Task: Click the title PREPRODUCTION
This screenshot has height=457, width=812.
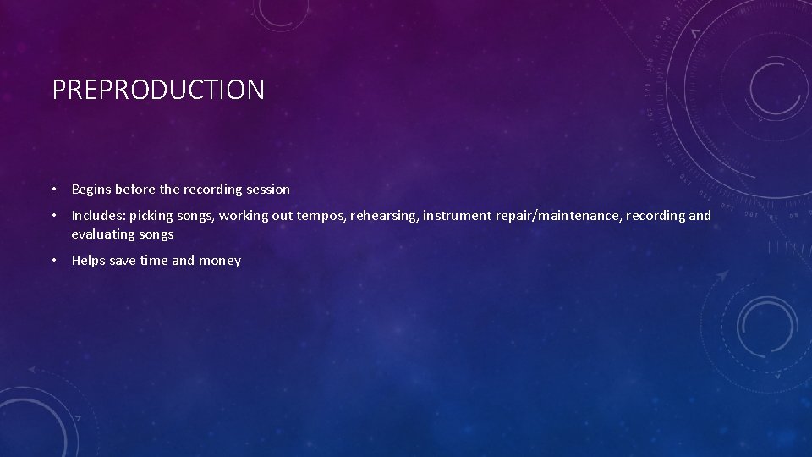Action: pos(158,90)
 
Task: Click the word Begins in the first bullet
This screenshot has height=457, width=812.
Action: pos(91,190)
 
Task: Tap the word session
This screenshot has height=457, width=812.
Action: pos(266,190)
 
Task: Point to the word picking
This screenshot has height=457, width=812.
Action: pos(155,216)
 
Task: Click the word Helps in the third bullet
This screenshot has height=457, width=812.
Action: pos(89,261)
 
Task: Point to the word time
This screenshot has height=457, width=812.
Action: pos(154,261)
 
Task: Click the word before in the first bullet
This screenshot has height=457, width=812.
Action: pos(134,190)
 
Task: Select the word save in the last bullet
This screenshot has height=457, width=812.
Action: pos(123,261)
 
